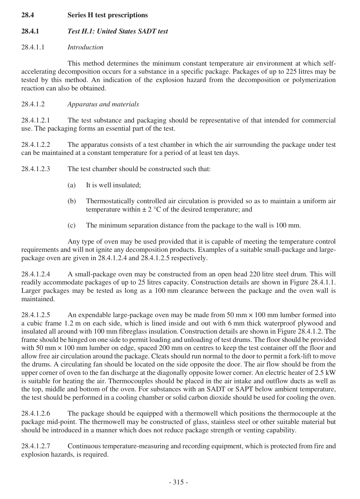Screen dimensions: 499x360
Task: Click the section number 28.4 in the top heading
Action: tap(28, 15)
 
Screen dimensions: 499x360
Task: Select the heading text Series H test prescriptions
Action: tap(107, 15)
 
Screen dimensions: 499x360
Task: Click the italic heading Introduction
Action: tap(85, 47)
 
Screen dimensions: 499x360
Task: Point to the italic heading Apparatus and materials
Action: tap(103, 104)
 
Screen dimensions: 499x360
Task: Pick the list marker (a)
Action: tap(72, 185)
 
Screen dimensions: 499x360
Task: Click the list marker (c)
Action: tap(72, 225)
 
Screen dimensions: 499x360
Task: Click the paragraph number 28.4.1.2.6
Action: tap(36, 413)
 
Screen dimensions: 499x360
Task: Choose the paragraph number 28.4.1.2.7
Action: tap(36, 446)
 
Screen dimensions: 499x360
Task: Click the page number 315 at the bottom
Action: tap(178, 482)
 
